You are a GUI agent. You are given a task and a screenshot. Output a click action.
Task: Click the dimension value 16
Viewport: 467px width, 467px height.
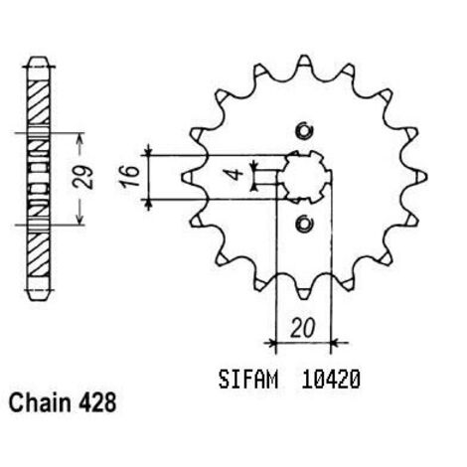click(130, 177)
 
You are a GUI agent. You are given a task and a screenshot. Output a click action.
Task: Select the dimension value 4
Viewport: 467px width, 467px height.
click(235, 174)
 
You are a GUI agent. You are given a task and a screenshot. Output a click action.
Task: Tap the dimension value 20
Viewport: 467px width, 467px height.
click(302, 328)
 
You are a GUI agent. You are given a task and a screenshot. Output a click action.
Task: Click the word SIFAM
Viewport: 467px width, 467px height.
click(248, 380)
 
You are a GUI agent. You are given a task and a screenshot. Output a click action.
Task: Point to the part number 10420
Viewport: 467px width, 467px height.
click(330, 380)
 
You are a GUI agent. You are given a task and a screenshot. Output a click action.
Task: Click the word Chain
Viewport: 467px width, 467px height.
click(40, 403)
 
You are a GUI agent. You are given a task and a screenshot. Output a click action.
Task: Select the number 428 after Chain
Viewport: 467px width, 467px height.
click(97, 403)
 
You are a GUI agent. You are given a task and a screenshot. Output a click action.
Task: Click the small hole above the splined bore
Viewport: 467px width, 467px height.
click(304, 131)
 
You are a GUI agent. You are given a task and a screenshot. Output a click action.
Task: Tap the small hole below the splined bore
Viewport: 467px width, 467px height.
click(304, 224)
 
